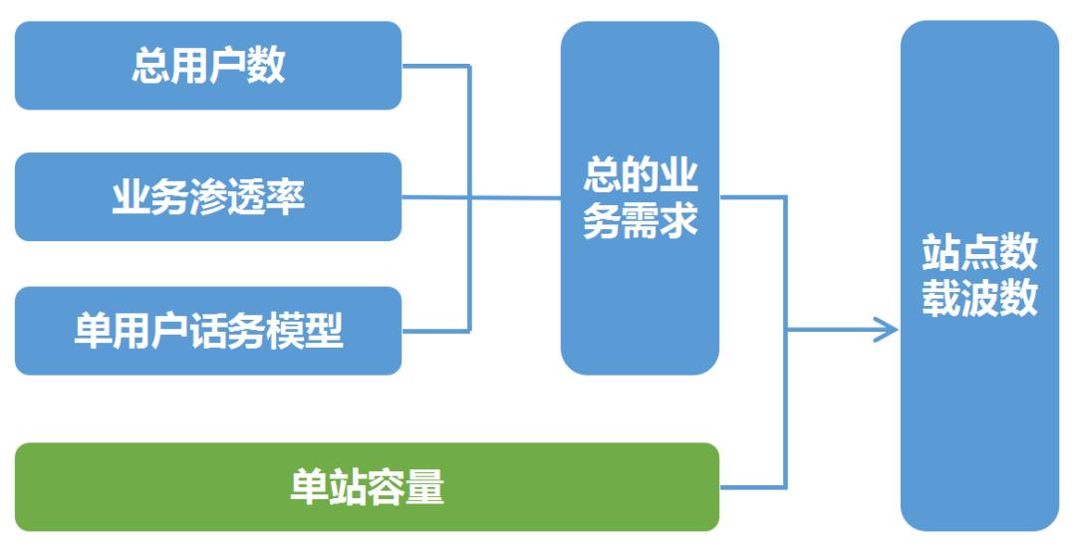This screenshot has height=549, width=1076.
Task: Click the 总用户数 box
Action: coord(208,66)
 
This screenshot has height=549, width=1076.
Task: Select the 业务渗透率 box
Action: coord(208,197)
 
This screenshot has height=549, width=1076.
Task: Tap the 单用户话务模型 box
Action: coord(208,331)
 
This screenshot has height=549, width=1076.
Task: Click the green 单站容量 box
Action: coord(367,487)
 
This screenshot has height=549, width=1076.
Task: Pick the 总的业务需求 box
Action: coord(640,198)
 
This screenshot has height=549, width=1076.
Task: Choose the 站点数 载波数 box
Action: coord(979,276)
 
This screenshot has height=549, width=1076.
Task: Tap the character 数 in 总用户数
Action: coord(266,66)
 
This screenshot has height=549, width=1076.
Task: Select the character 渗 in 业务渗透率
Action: coord(208,197)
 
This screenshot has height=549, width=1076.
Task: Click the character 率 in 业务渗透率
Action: coord(286,197)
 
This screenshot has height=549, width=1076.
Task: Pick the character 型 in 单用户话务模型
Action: coord(325,331)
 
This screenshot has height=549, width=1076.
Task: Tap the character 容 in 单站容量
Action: coord(387,487)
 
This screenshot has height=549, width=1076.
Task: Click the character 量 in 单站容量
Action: coord(425,487)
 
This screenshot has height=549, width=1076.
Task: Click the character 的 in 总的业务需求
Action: coord(640,176)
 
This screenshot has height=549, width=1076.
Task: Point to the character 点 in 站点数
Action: coord(979,253)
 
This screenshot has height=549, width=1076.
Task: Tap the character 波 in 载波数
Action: coord(979,298)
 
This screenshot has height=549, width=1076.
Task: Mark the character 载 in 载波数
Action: coord(941,298)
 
